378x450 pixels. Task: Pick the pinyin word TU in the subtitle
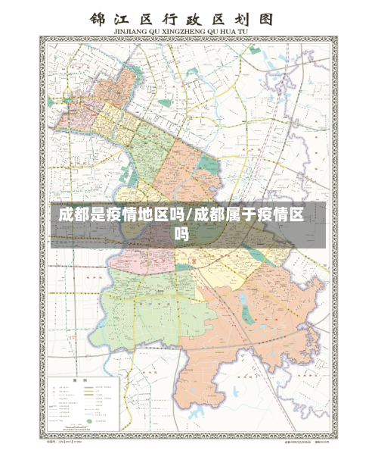pos(255,31)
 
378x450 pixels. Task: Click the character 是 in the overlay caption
pos(106,214)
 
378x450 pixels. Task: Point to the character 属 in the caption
pos(243,214)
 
